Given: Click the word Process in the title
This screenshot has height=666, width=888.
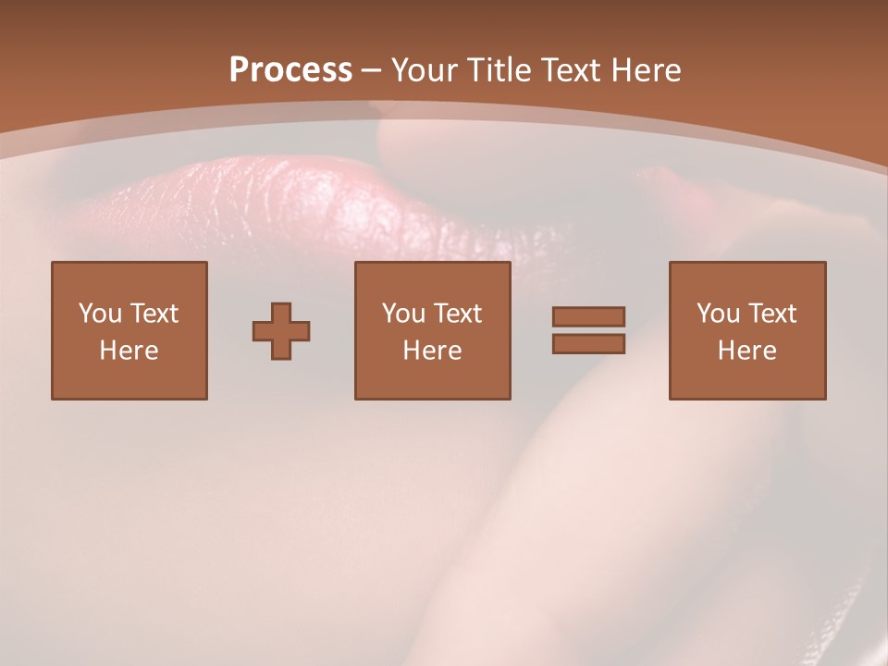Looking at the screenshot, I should (290, 70).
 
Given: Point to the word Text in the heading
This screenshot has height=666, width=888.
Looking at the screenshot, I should (572, 70).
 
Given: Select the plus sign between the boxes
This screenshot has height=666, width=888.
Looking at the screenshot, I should (281, 331).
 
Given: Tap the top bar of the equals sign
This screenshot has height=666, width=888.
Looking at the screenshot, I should (588, 316).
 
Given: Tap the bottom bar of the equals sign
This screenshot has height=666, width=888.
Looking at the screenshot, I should (588, 344).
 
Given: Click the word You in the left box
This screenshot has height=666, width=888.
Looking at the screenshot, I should (99, 314).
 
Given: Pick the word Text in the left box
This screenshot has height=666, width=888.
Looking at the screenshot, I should (154, 314).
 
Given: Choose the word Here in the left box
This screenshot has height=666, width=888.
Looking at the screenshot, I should (129, 351).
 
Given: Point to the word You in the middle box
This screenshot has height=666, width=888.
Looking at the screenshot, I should (403, 314).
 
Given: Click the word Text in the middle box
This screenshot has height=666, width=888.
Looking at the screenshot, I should (458, 314).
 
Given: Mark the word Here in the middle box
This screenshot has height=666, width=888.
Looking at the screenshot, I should (432, 351).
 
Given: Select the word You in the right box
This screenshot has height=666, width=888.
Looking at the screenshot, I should (718, 314).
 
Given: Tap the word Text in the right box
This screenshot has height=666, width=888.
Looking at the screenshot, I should (772, 314).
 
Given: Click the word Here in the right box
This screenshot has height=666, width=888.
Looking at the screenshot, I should (746, 351).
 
